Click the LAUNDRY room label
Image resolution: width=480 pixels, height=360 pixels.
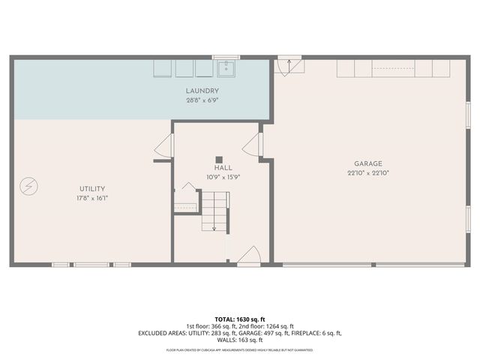(202, 91)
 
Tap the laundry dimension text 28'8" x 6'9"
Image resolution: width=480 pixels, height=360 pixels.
(202, 100)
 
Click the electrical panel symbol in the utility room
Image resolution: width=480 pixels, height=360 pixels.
(28, 184)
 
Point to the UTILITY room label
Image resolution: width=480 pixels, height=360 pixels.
(92, 188)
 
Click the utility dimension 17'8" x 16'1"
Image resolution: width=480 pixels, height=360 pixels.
(92, 198)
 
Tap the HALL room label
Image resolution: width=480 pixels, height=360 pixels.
(223, 168)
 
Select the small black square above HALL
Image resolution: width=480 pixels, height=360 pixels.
(219, 159)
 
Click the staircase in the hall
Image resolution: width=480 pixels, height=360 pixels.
(214, 210)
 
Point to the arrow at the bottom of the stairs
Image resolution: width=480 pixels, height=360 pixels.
(214, 227)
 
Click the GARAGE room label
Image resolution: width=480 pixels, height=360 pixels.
(368, 163)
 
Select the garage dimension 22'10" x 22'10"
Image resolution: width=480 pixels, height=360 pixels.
(368, 173)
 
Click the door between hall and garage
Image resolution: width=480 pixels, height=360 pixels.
(256, 146)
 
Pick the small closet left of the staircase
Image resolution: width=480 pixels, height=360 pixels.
(186, 202)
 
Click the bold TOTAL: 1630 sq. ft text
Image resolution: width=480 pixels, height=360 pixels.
(240, 319)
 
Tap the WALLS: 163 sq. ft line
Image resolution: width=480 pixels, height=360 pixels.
(240, 340)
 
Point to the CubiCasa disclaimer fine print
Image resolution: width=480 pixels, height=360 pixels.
(240, 349)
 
